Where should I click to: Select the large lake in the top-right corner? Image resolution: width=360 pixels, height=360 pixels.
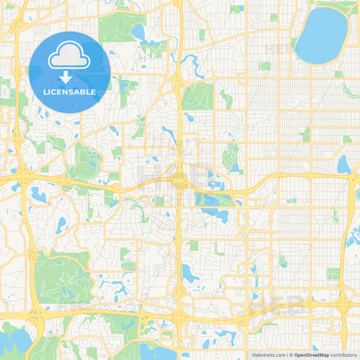[320, 35]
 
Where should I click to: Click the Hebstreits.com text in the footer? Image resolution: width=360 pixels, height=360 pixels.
[267, 355]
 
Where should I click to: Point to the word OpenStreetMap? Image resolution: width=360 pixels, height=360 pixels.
[315, 355]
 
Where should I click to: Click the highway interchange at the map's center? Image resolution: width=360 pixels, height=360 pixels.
[179, 180]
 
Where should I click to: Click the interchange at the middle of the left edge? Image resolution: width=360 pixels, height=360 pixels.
[20, 179]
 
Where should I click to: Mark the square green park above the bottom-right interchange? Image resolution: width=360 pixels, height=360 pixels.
[333, 274]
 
